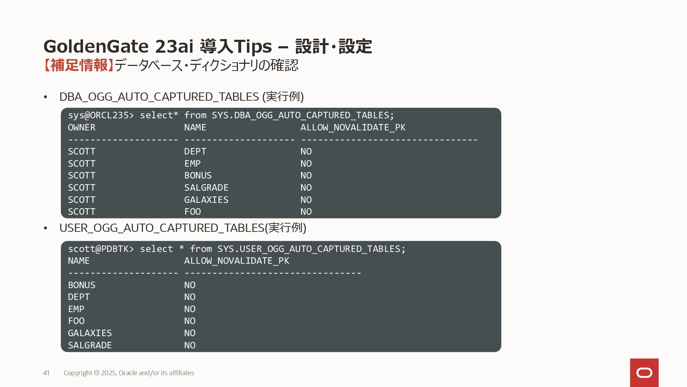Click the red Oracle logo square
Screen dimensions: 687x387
pos(644,373)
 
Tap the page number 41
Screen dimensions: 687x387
pos(46,373)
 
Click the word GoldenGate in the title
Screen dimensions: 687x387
pos(96,47)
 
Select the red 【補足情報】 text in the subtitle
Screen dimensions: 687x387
pos(78,65)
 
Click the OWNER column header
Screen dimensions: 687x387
pos(82,128)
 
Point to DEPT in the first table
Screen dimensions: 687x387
pos(195,152)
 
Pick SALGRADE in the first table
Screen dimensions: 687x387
pos(206,188)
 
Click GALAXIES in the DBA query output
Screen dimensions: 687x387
pos(206,200)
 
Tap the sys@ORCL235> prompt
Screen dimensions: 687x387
pos(101,115)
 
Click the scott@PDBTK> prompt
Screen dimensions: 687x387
pos(101,249)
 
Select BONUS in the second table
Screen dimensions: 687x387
pos(82,285)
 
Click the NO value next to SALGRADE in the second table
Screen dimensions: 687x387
pos(190,345)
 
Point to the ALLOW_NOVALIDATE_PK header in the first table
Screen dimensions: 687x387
pos(353,128)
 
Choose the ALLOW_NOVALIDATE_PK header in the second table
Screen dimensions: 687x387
pos(237,261)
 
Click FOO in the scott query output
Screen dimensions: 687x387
pos(76,321)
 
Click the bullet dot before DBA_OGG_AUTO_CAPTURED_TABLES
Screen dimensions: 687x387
pos(45,97)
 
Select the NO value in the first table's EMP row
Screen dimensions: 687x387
pos(306,164)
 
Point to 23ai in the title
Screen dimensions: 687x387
pos(174,47)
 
